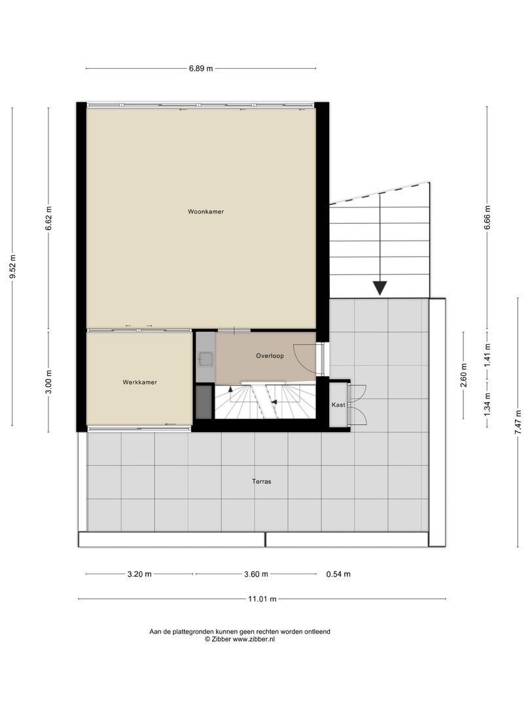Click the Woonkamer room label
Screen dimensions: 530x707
[205, 211]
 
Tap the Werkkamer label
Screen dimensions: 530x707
[140, 382]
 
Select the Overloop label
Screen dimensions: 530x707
[270, 355]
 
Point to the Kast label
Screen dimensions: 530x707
[338, 405]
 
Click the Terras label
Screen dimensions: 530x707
[262, 482]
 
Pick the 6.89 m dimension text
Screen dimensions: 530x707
[201, 69]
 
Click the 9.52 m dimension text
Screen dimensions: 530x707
[12, 266]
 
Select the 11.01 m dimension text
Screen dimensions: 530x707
[262, 599]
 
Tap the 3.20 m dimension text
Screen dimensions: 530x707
[139, 575]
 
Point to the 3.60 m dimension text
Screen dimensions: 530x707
[256, 575]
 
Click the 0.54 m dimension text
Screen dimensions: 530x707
[338, 575]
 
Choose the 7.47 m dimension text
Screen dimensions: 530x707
[519, 422]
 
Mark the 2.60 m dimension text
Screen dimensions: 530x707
[464, 374]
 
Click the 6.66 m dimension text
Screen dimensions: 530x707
[487, 217]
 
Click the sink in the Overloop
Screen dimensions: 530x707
[205, 359]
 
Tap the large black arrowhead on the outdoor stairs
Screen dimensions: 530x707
[380, 288]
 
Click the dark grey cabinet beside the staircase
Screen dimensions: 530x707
[203, 402]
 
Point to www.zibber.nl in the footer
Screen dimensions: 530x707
[254, 639]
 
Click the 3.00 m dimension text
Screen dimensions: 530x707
[48, 382]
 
